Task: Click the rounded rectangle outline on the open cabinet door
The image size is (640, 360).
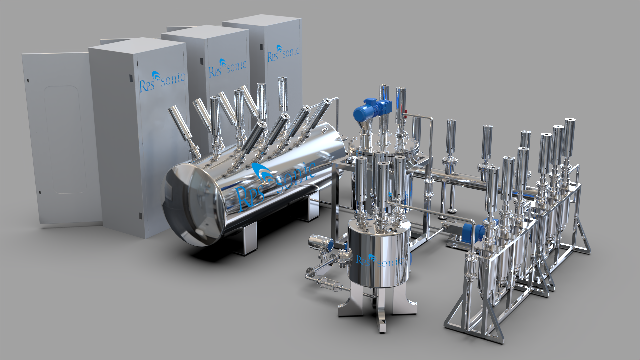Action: [65, 140]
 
